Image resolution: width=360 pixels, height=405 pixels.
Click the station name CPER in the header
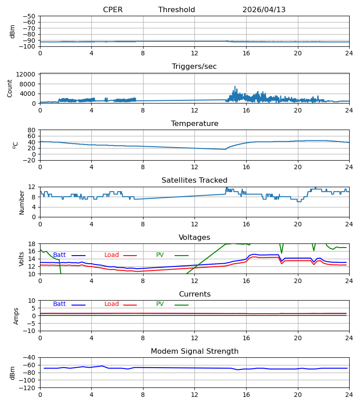[112, 9]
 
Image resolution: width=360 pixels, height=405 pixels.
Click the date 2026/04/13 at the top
[264, 9]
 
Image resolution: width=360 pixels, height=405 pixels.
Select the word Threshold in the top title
[177, 9]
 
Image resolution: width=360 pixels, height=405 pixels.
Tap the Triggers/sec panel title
[194, 67]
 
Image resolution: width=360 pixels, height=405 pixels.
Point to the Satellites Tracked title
[194, 180]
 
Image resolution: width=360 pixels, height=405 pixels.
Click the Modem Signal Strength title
[194, 351]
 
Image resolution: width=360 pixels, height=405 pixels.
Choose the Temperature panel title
[194, 123]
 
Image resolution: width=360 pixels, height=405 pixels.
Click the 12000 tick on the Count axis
[25, 74]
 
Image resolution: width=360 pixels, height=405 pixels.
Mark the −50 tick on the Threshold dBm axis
[29, 16]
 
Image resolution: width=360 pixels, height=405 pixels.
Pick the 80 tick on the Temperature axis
[31, 130]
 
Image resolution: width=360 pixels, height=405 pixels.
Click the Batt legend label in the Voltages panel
[59, 255]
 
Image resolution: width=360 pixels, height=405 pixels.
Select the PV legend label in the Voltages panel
[160, 255]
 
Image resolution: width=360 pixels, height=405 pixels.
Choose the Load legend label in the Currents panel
[112, 304]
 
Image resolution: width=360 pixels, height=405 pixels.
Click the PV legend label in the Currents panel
[160, 304]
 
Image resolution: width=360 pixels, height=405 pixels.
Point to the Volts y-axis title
[21, 259]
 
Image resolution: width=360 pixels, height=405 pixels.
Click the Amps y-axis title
[16, 316]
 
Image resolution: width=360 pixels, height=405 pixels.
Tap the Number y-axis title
[22, 202]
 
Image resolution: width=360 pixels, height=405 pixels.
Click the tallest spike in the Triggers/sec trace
[235, 86]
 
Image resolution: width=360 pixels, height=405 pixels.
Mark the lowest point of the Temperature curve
[225, 149]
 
